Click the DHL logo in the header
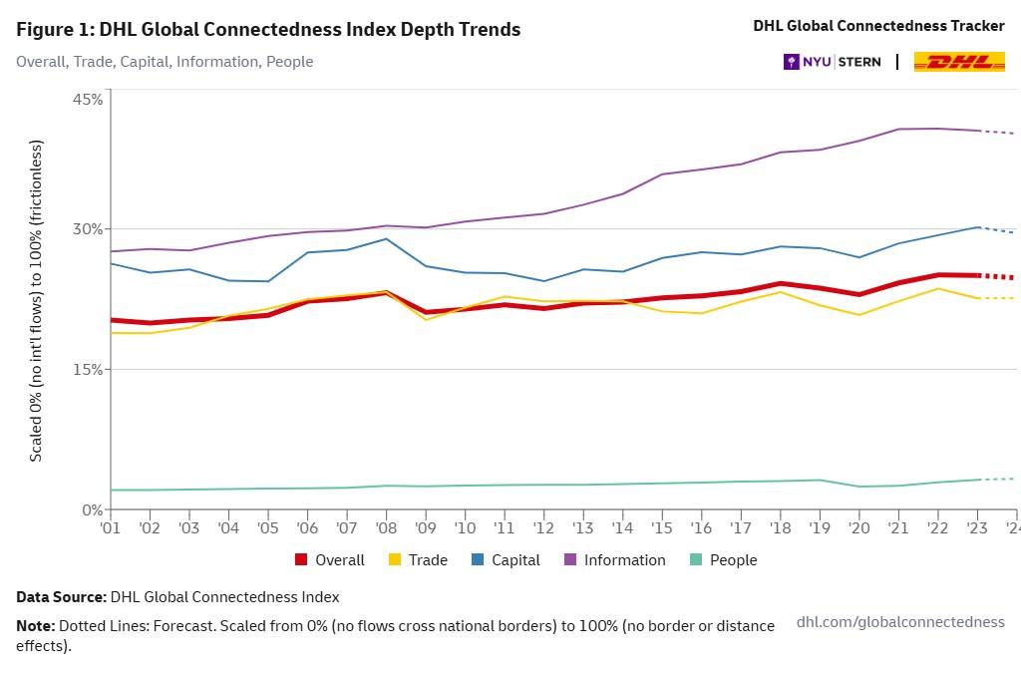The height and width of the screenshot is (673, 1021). [959, 62]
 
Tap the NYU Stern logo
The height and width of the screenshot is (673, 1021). [833, 62]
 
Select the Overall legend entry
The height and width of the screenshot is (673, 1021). [330, 560]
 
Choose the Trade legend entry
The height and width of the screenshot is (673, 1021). [419, 560]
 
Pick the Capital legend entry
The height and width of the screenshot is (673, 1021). [506, 560]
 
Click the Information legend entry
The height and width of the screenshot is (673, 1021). [615, 560]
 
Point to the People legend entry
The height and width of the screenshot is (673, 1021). [723, 560]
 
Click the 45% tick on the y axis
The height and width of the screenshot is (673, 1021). [88, 99]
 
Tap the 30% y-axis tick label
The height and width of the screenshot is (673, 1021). [88, 229]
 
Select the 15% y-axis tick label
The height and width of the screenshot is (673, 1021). [88, 370]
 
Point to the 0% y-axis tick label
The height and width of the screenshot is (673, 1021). [92, 509]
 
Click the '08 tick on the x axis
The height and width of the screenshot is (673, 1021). [386, 527]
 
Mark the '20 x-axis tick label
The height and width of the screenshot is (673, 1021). [858, 527]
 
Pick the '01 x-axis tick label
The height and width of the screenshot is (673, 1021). [111, 527]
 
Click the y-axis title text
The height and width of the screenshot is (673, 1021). [36, 300]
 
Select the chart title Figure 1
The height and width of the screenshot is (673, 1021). [268, 29]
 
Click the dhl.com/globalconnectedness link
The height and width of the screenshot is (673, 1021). [900, 622]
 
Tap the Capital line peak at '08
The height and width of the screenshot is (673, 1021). [386, 238]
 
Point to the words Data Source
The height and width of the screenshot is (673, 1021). [61, 597]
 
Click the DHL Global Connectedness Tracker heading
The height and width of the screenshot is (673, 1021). [878, 26]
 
